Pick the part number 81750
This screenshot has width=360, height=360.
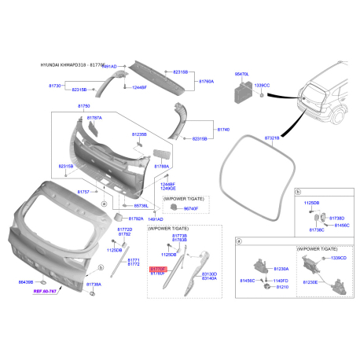(83, 105)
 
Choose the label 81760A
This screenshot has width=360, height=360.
(206, 81)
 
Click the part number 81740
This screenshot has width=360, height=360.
(223, 127)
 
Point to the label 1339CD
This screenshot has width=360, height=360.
(339, 258)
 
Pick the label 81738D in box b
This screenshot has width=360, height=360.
(336, 218)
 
